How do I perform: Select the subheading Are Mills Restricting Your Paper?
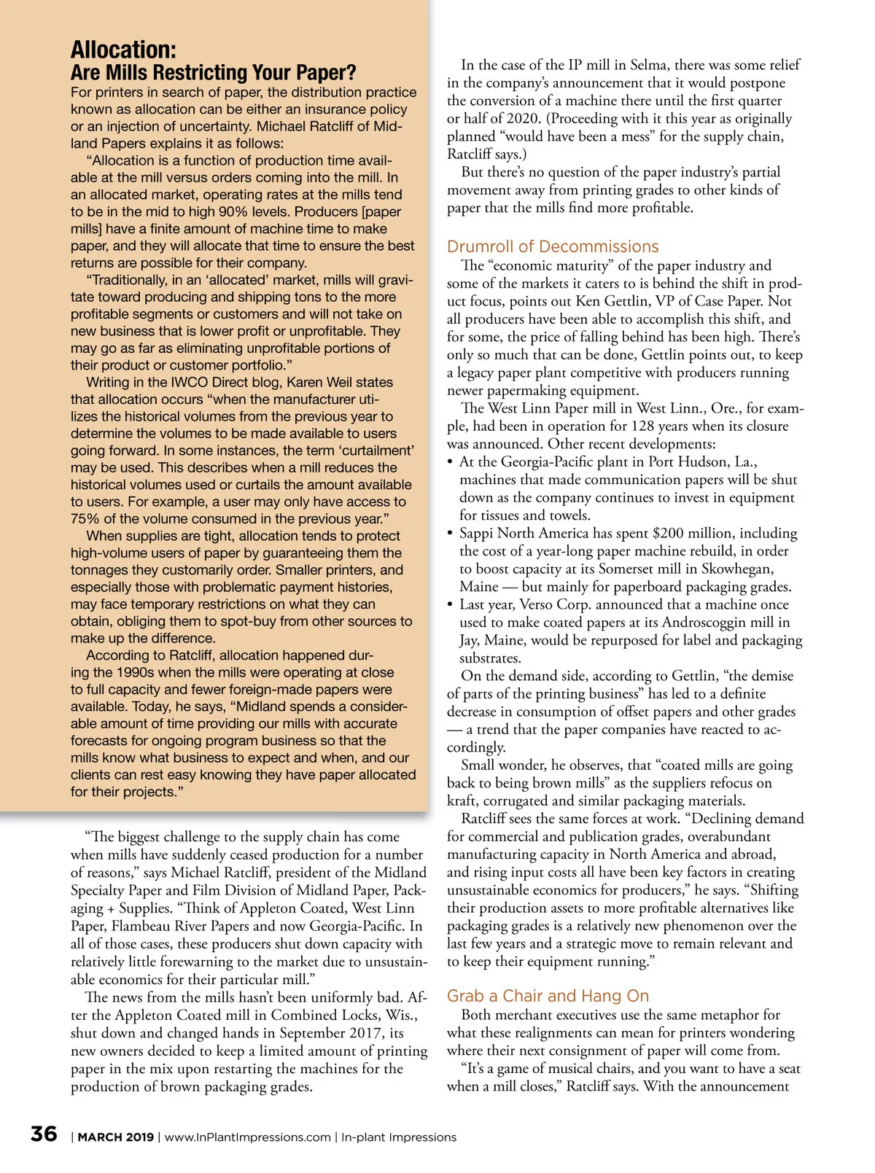point(213,73)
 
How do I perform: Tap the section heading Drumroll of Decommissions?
point(552,246)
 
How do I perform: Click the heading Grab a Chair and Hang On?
point(548,996)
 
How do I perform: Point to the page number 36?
point(44,1134)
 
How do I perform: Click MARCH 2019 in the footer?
point(116,1137)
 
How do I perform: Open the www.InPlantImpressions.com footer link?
point(247,1137)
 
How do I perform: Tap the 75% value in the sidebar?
point(85,518)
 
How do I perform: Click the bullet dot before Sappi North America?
point(451,534)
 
